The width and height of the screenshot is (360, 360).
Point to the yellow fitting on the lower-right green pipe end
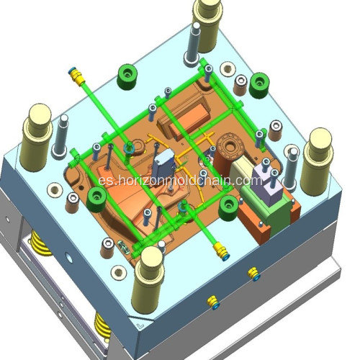[x=220, y=251]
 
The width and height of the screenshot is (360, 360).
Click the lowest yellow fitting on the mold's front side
[x=212, y=301]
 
